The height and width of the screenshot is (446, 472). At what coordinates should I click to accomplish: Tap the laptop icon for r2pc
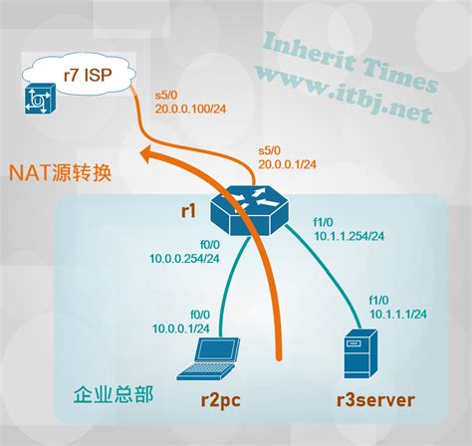pos(208,358)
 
